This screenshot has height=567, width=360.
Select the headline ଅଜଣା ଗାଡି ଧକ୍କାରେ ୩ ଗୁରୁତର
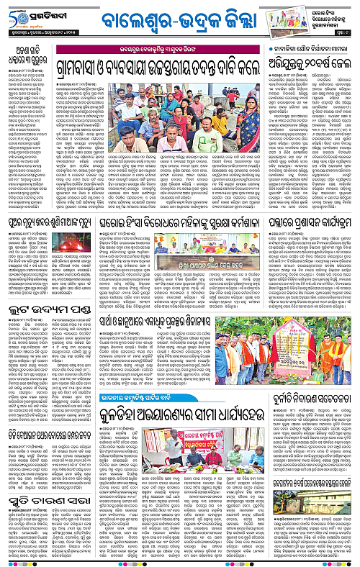tap(29, 54)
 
